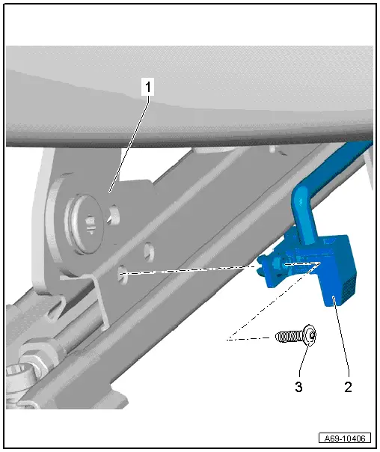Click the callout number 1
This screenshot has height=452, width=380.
click(148, 88)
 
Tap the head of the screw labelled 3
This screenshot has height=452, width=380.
click(310, 338)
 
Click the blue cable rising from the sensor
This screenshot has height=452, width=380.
click(299, 210)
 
